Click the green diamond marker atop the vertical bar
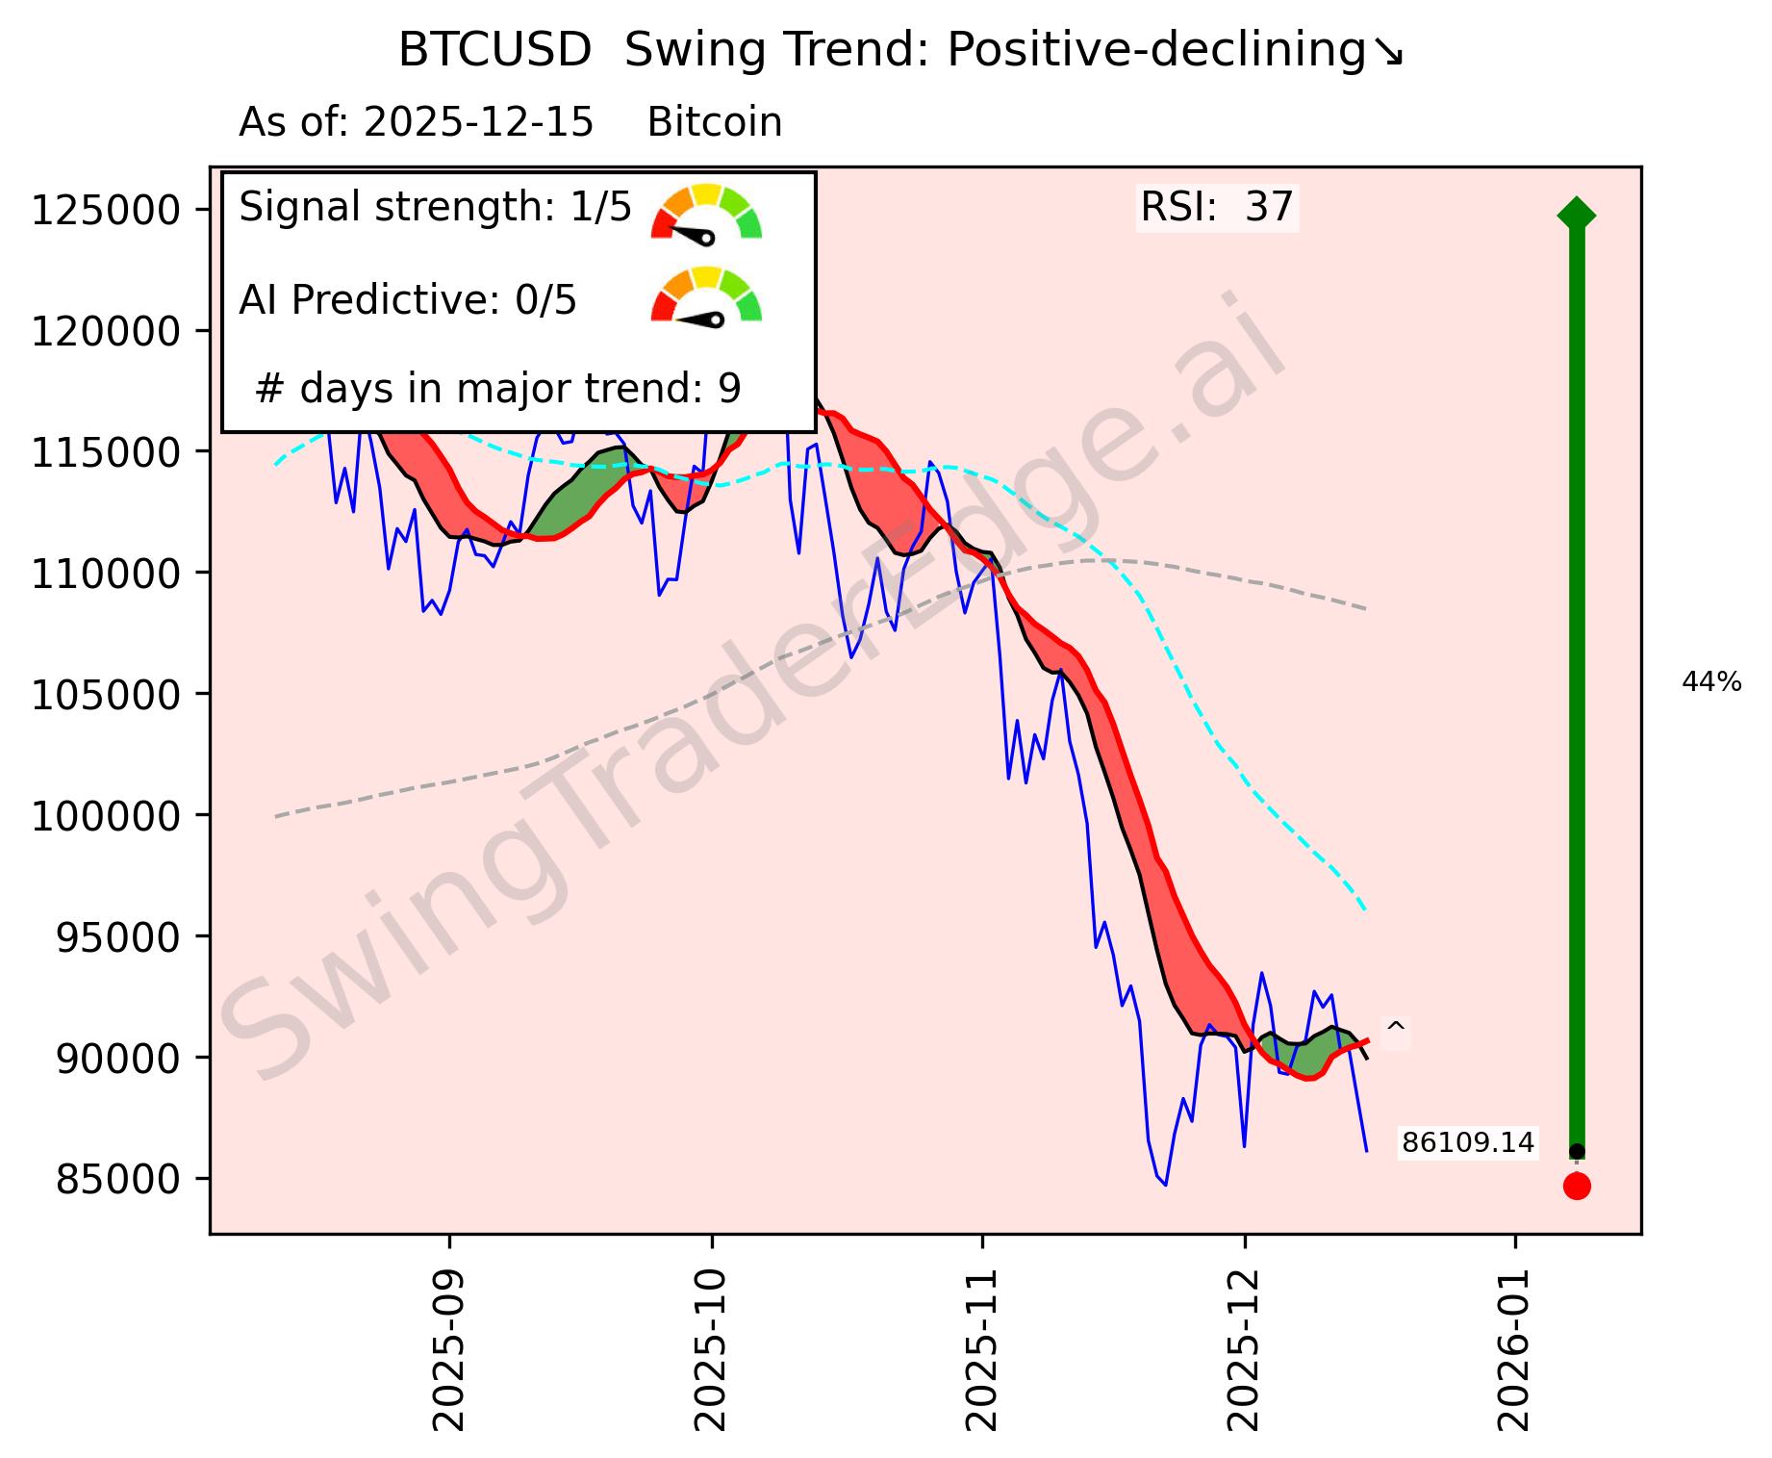(1576, 214)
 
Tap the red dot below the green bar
(1577, 1186)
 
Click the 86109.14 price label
(1467, 1142)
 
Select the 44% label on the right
(1711, 682)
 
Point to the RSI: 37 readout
(1217, 207)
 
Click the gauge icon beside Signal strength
(707, 213)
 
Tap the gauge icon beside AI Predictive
(707, 295)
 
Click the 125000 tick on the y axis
(107, 210)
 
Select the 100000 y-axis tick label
(107, 816)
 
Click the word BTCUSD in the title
(494, 51)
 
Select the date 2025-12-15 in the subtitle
(478, 123)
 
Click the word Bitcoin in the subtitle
(715, 123)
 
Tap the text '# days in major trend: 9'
(498, 389)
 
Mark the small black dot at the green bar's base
(1577, 1151)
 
